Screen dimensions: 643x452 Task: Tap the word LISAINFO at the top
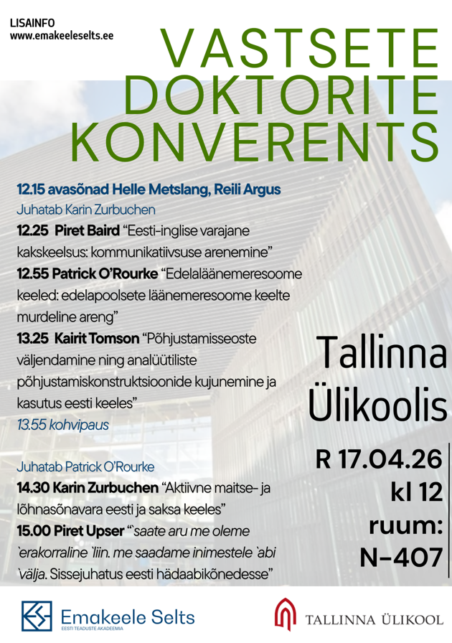coord(34,22)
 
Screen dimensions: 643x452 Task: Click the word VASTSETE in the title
coord(299,51)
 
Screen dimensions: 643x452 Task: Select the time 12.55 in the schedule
coord(32,274)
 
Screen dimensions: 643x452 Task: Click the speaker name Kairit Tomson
coord(98,337)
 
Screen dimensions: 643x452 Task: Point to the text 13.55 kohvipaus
coord(63,424)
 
